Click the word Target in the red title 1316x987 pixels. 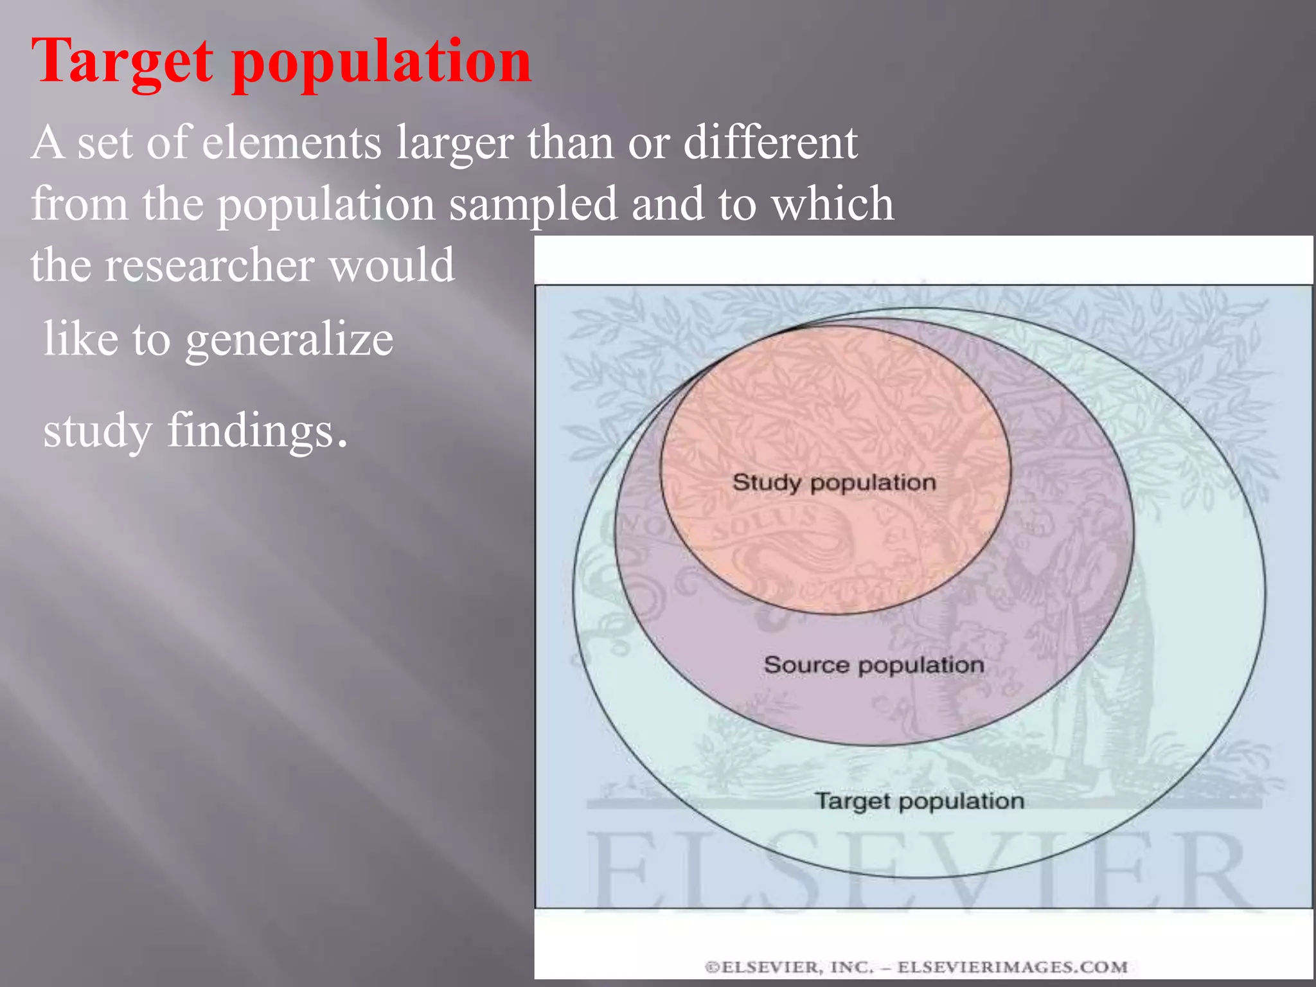click(121, 63)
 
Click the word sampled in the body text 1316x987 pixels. click(533, 204)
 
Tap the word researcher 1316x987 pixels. click(209, 265)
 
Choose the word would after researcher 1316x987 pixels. click(392, 265)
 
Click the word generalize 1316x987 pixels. click(289, 341)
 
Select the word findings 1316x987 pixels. click(257, 431)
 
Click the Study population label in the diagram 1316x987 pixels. click(834, 483)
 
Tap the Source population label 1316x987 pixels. click(874, 664)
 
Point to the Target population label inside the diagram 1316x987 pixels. click(919, 801)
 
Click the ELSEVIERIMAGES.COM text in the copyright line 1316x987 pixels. click(1012, 967)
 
